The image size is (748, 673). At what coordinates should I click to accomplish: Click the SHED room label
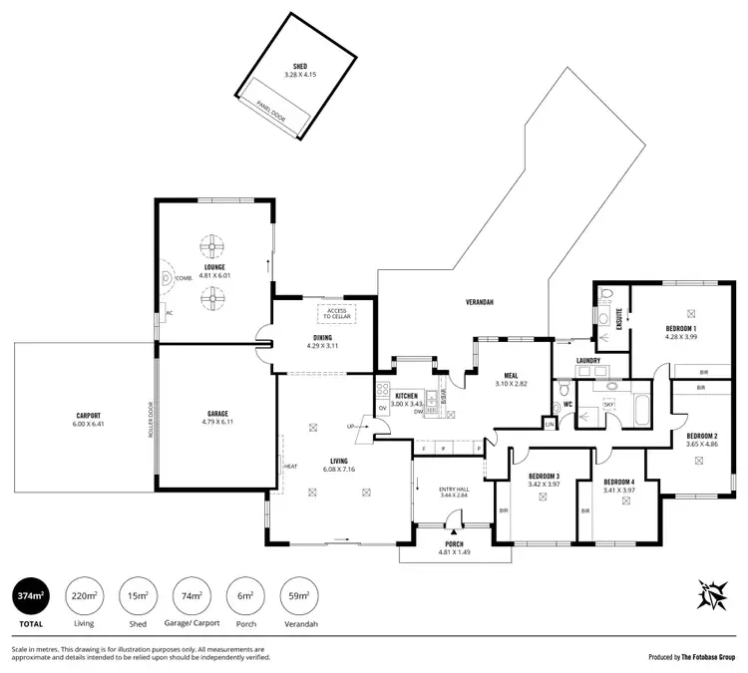pyautogui.click(x=293, y=67)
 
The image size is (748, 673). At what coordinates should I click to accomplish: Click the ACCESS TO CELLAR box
pyautogui.click(x=335, y=314)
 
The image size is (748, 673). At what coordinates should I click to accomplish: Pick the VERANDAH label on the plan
pyautogui.click(x=480, y=300)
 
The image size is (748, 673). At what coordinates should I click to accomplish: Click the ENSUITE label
pyautogui.click(x=619, y=316)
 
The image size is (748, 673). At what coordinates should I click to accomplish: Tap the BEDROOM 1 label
pyautogui.click(x=681, y=328)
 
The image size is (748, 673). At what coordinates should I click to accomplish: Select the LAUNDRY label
pyautogui.click(x=587, y=361)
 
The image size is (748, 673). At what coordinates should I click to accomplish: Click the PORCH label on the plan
pyautogui.click(x=453, y=544)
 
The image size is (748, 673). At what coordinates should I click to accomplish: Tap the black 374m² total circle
pyautogui.click(x=30, y=597)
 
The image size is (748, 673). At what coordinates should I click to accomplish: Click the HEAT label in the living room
pyautogui.click(x=291, y=466)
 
